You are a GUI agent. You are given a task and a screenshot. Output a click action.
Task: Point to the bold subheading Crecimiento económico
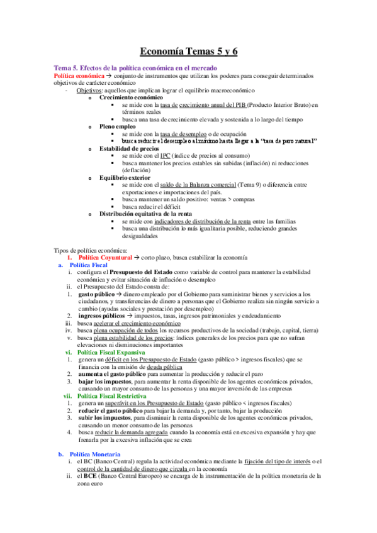tap(132, 97)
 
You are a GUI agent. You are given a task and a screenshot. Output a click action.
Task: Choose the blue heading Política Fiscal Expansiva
tap(111, 353)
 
